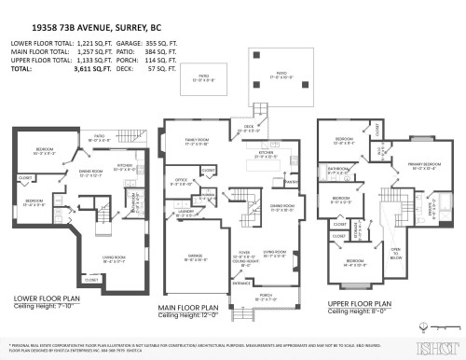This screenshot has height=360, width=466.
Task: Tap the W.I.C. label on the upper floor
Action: coord(380,149)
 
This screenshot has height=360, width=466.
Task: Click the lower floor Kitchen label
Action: coord(124,168)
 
